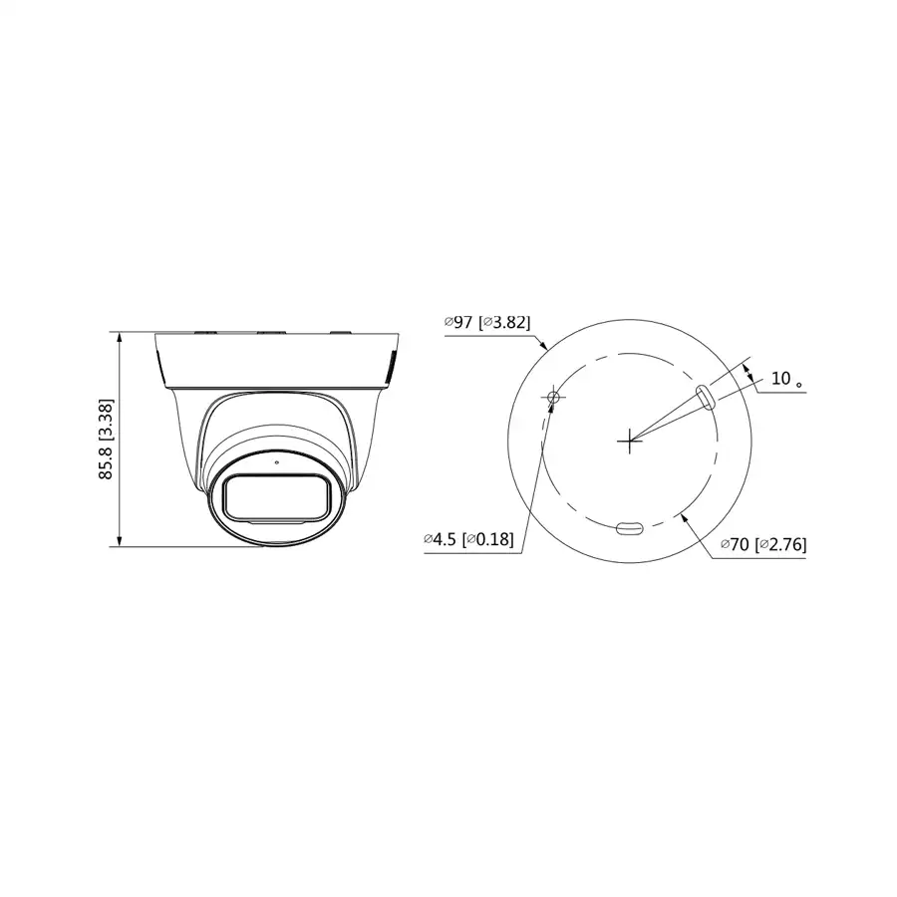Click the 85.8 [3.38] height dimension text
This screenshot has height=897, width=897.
tap(107, 440)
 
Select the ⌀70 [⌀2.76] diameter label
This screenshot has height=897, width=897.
tap(764, 544)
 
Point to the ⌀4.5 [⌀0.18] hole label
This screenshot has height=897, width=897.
tap(468, 539)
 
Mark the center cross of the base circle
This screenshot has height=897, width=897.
tap(629, 439)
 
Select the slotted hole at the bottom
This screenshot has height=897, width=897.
tap(630, 529)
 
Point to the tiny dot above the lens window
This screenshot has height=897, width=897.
tap(277, 462)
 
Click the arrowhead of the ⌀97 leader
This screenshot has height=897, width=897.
tap(544, 347)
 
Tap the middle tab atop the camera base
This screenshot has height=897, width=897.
tap(269, 332)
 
